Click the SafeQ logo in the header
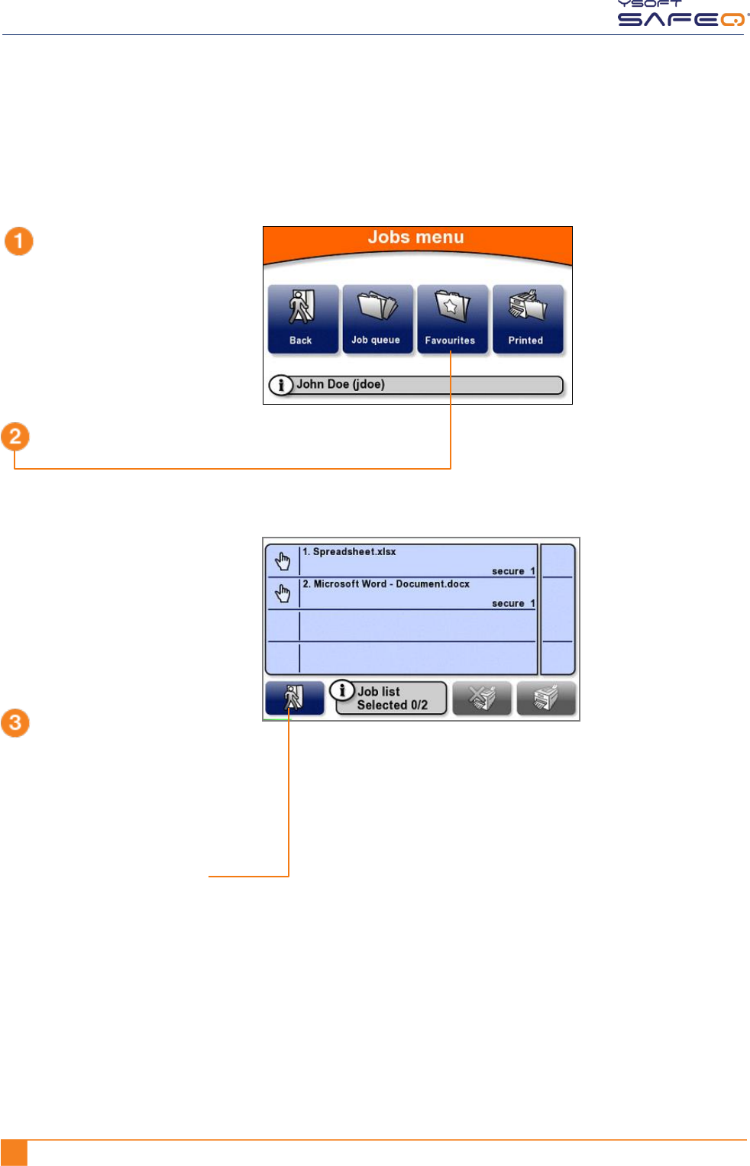682,15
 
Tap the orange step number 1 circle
19,241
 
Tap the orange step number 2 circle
15,437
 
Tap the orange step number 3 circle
15,722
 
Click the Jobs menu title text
415,237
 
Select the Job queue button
377,319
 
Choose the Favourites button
451,319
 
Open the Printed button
527,319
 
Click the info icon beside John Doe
281,385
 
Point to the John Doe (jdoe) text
341,384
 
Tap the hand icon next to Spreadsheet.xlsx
283,561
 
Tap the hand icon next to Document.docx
283,593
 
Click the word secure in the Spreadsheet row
508,571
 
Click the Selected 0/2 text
392,706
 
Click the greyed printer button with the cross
482,699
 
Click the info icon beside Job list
342,690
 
